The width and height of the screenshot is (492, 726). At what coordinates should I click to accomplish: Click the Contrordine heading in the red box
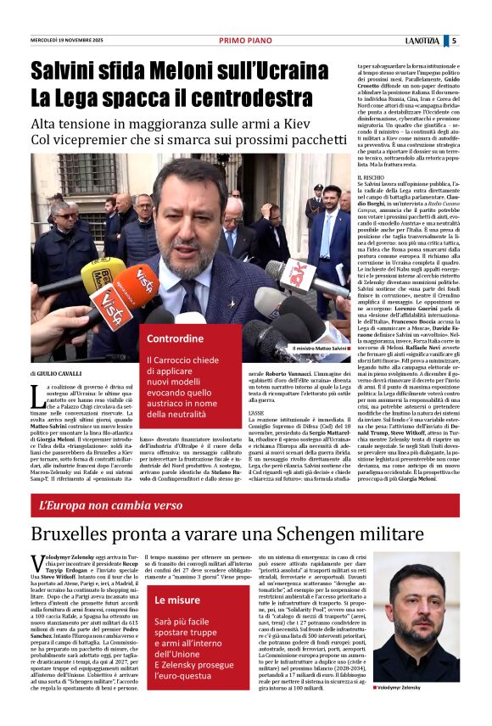176,338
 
